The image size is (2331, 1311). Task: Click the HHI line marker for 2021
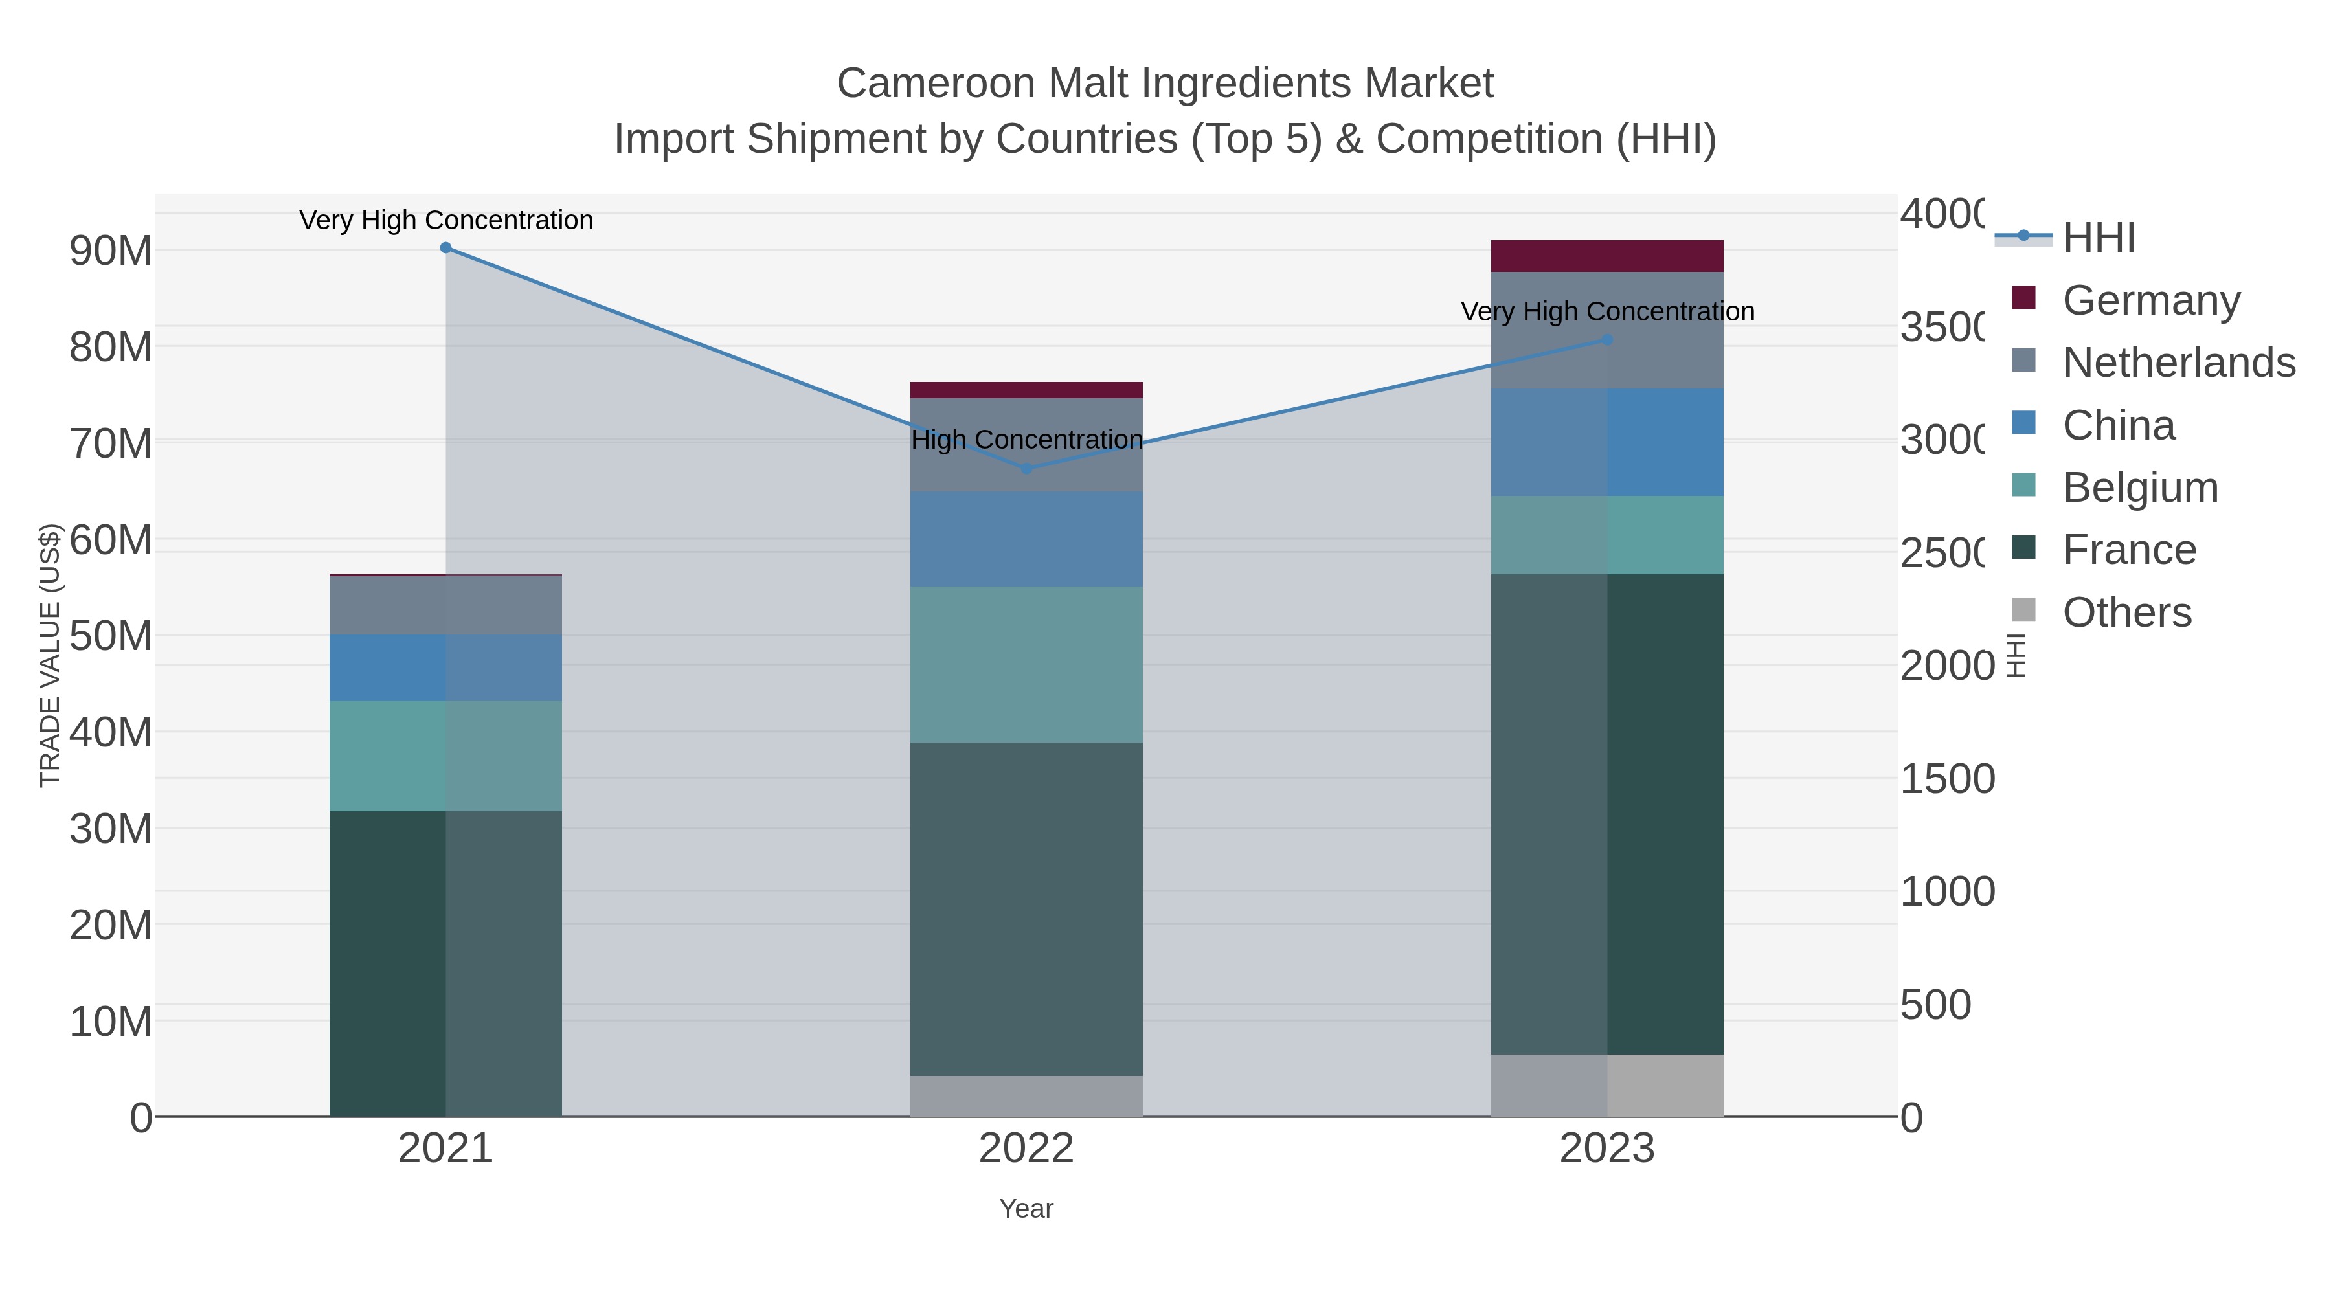point(445,248)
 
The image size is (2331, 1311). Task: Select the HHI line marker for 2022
point(1026,469)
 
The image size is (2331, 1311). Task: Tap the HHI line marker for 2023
point(1607,340)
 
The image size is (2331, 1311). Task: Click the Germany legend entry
point(2150,300)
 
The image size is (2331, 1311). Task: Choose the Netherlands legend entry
point(2177,363)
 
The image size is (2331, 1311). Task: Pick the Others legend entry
point(2126,612)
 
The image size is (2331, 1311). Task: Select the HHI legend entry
point(2097,238)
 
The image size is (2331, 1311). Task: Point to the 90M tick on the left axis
point(110,251)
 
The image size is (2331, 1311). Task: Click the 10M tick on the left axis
point(110,1022)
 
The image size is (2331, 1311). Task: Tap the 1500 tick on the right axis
point(1946,779)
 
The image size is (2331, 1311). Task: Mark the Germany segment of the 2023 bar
point(1607,256)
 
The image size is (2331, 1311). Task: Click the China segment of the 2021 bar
point(445,667)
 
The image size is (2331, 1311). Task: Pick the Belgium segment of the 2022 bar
point(1026,665)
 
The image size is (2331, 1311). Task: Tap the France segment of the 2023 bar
point(1607,814)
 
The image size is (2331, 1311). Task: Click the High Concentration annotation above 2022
point(1026,440)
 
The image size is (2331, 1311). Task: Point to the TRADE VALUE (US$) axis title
point(50,655)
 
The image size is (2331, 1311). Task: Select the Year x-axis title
point(1026,1209)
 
